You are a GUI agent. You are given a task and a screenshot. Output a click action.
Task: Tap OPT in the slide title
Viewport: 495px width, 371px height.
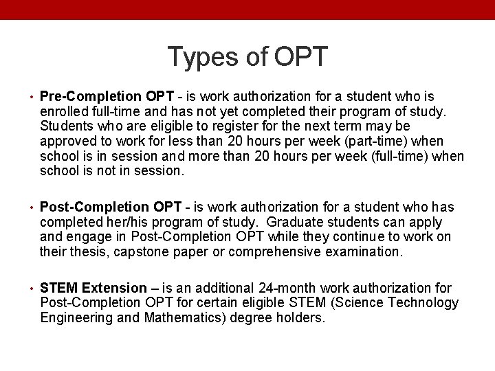pyautogui.click(x=301, y=58)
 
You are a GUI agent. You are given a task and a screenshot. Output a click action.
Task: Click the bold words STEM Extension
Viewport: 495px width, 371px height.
pyautogui.click(x=93, y=288)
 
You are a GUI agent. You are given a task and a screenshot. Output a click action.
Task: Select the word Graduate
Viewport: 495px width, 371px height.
pyautogui.click(x=293, y=222)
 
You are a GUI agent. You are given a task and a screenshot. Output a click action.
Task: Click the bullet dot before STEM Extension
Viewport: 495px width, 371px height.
pyautogui.click(x=32, y=289)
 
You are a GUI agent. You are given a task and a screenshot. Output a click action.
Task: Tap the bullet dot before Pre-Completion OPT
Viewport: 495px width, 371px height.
pyautogui.click(x=32, y=97)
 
